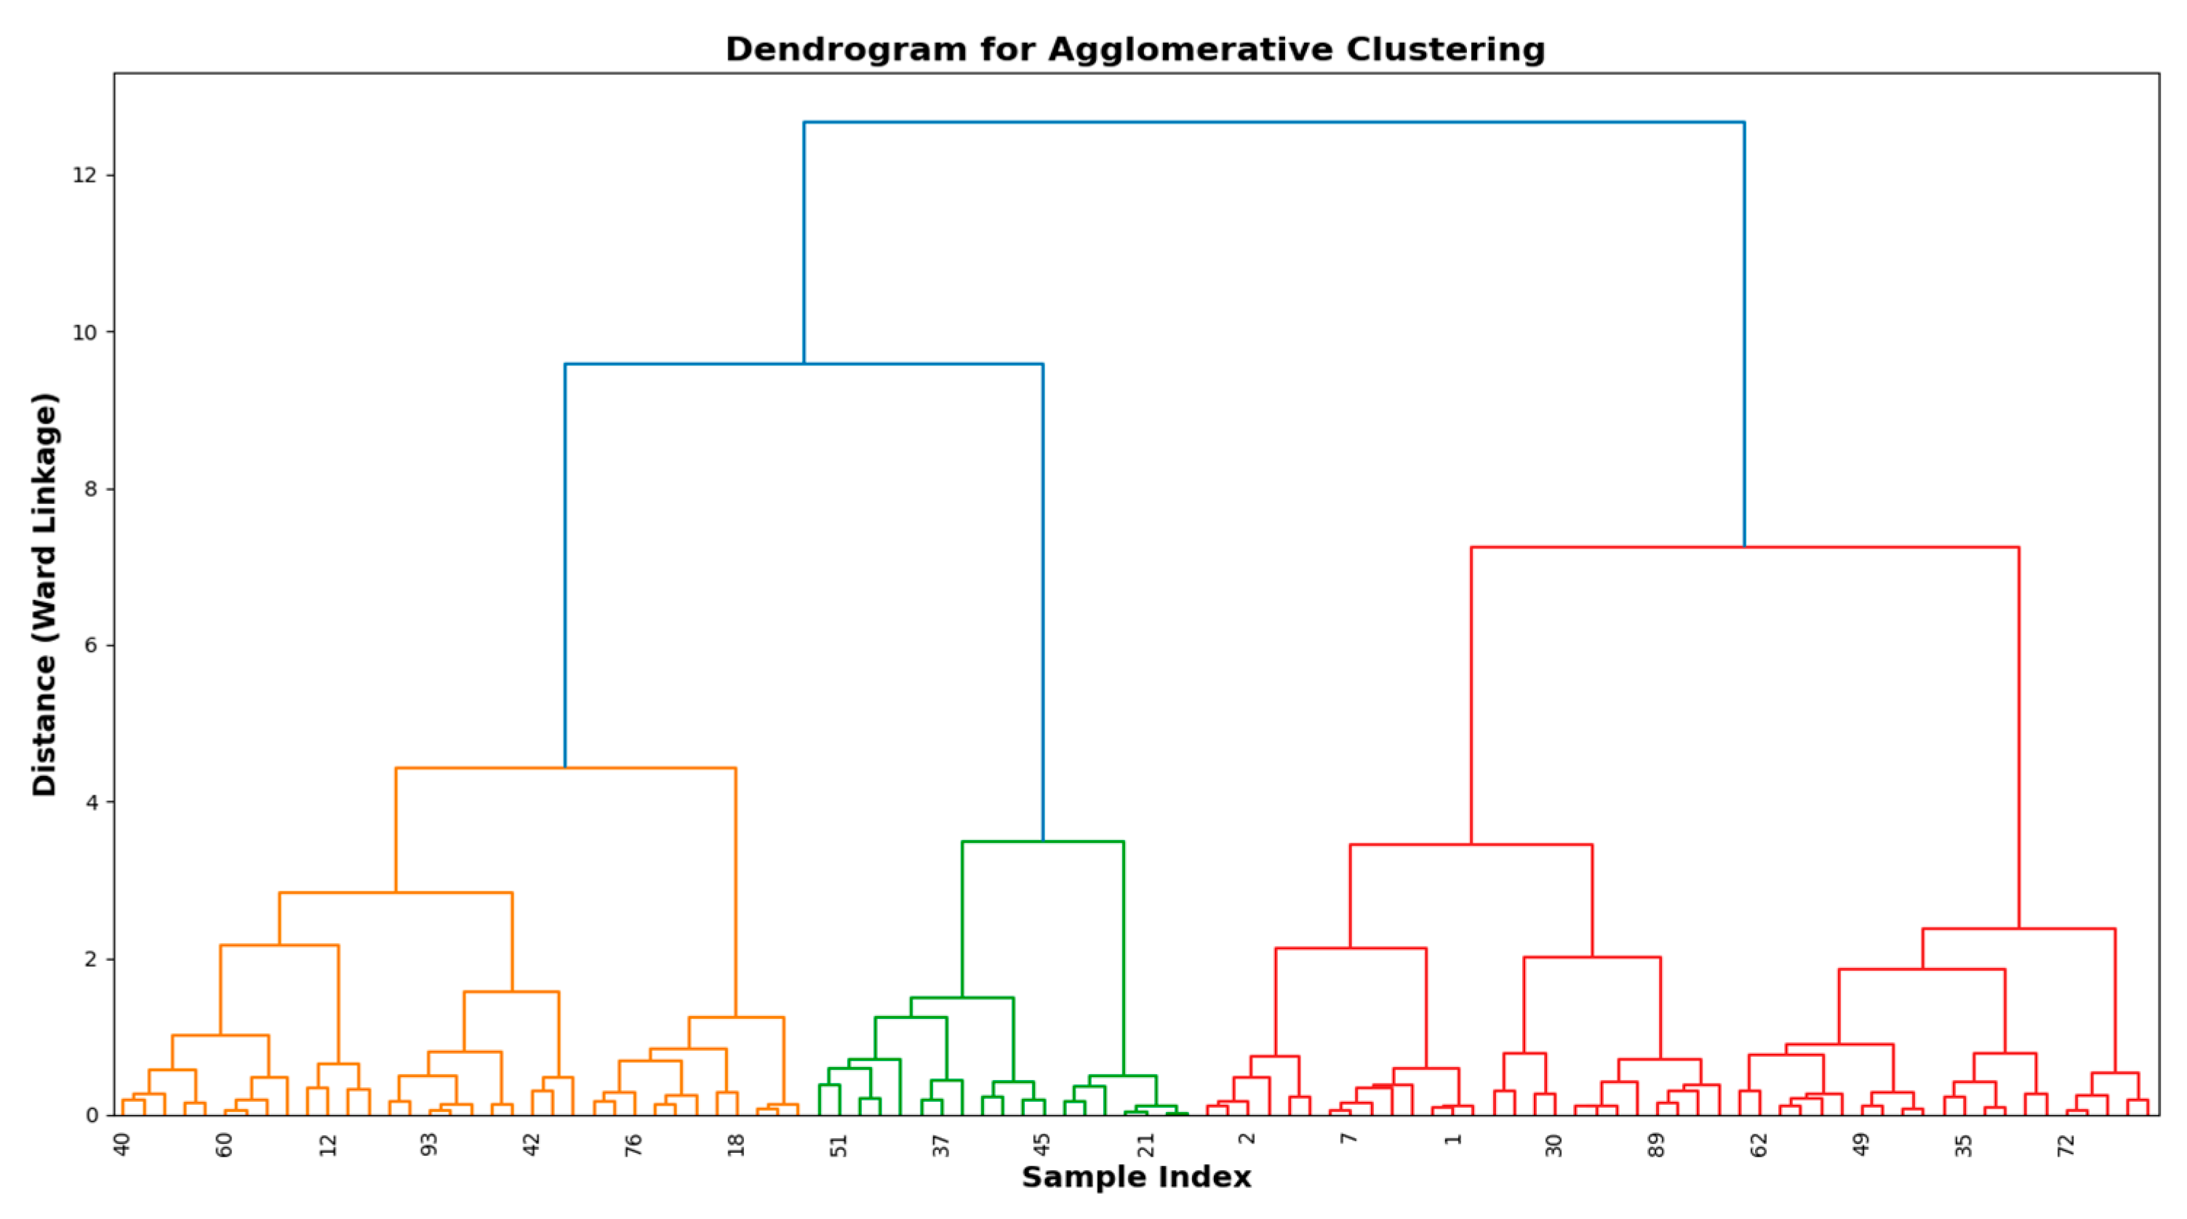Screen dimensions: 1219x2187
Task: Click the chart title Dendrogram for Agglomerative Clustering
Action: [1135, 49]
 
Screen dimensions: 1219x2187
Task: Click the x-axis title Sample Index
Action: [1136, 1178]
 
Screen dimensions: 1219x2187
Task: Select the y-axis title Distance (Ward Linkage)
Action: [44, 594]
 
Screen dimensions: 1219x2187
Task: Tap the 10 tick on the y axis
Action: [85, 332]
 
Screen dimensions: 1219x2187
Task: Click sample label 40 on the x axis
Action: [122, 1144]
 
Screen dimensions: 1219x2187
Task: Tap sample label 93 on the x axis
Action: [430, 1144]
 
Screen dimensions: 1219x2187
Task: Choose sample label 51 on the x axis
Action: [839, 1144]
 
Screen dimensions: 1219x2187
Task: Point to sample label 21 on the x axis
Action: [1146, 1144]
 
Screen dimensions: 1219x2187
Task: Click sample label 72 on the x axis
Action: [2066, 1144]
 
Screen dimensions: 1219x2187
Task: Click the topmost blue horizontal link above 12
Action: [1274, 122]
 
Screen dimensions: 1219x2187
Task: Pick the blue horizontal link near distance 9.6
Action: [804, 364]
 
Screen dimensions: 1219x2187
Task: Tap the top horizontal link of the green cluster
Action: [1042, 842]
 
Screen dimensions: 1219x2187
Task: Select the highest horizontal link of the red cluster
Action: [1745, 548]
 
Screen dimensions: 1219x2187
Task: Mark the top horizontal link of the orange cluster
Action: [565, 768]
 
